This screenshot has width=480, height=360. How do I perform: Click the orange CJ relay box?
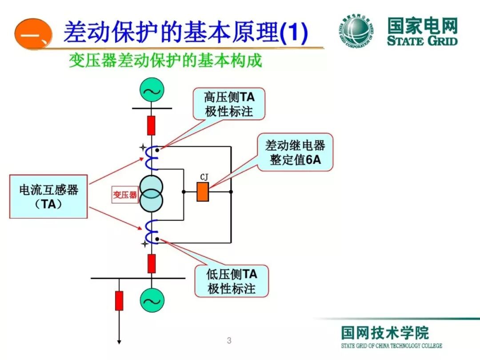[x=203, y=192]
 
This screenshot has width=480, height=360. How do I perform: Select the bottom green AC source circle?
[x=152, y=301]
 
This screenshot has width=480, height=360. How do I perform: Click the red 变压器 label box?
[x=125, y=195]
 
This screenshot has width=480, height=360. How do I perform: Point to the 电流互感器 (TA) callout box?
[x=48, y=196]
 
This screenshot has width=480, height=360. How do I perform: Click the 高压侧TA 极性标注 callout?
[x=229, y=104]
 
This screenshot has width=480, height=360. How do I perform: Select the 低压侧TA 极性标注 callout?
[x=232, y=281]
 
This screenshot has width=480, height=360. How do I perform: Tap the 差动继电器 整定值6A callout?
[x=296, y=152]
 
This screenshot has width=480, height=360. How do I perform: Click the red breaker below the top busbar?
[x=152, y=125]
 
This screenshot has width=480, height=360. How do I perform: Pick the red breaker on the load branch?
[x=119, y=301]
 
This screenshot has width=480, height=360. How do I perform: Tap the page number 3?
[x=229, y=341]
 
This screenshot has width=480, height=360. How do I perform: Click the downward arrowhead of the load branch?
[x=119, y=341]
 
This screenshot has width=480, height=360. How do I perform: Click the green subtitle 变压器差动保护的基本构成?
[x=165, y=61]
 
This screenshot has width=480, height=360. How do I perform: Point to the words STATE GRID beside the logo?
[x=422, y=41]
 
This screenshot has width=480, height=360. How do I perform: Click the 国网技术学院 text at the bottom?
[x=385, y=332]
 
